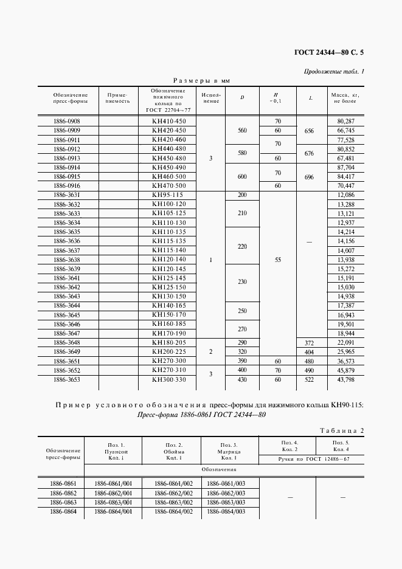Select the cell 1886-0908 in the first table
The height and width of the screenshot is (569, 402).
click(x=67, y=122)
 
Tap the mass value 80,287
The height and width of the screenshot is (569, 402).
click(x=345, y=122)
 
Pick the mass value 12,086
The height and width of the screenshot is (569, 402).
click(x=345, y=195)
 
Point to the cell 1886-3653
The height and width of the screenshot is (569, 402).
click(x=67, y=380)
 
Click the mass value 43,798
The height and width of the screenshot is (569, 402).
click(x=345, y=380)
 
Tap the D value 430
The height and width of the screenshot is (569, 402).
click(x=243, y=380)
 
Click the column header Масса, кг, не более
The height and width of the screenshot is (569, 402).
click(x=345, y=98)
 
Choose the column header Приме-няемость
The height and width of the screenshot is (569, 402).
click(x=118, y=98)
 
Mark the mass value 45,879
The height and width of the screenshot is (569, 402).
click(x=345, y=370)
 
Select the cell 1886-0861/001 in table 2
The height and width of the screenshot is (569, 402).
click(x=113, y=483)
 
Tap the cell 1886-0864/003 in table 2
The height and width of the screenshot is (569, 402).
click(x=226, y=512)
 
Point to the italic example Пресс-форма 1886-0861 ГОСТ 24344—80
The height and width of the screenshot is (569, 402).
click(x=201, y=415)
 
